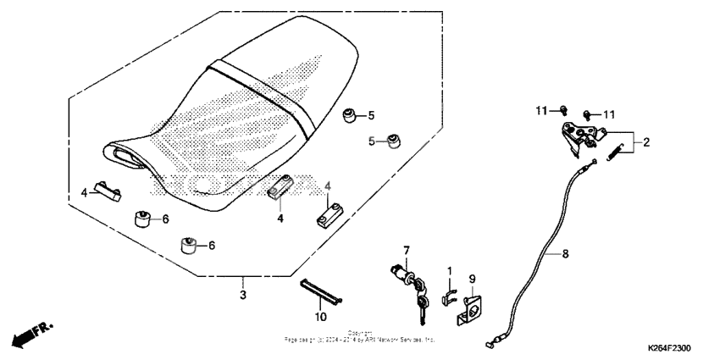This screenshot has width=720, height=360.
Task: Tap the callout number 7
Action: [407, 251]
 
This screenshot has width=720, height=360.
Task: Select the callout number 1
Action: [451, 270]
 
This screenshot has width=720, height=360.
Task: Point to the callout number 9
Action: [473, 278]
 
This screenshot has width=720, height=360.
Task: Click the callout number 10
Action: [321, 317]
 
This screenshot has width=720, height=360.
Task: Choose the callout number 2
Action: [645, 142]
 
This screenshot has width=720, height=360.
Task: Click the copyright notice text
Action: [360, 337]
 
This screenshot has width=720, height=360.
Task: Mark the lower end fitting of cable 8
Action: [491, 343]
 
